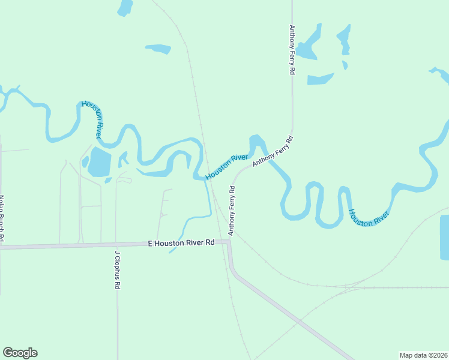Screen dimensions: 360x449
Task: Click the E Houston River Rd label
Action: point(181,243)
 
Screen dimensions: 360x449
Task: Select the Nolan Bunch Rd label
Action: point(2,220)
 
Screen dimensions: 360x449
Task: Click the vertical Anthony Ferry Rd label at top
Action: point(292,49)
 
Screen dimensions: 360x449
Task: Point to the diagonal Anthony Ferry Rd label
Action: point(273,151)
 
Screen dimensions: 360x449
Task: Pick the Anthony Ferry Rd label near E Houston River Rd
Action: point(231,210)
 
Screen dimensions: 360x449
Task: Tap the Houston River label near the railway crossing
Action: point(227,166)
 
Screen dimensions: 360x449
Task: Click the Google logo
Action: point(20,353)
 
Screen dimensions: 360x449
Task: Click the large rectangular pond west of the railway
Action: point(100,162)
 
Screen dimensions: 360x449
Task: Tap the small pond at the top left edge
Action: point(125,7)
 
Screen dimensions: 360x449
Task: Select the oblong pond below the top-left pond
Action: point(158,49)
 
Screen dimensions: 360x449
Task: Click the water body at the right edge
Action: point(444,237)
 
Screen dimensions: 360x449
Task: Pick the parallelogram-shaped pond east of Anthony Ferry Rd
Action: point(320,79)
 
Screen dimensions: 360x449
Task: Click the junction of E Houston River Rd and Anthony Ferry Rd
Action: point(229,242)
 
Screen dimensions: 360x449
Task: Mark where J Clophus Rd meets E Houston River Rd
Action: point(116,245)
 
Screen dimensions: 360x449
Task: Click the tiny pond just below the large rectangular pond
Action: point(108,180)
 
